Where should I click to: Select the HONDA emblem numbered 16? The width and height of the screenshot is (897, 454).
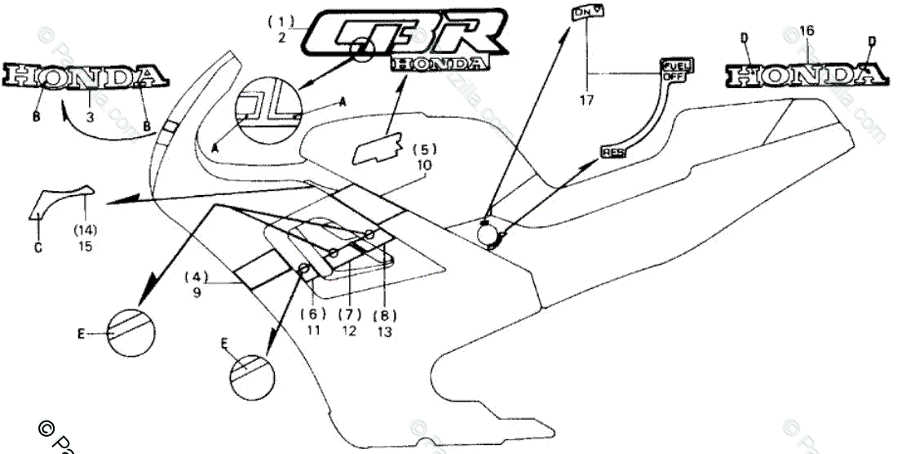point(806,75)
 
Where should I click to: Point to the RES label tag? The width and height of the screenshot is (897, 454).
point(612,152)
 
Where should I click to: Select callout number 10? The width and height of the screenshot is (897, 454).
point(424,165)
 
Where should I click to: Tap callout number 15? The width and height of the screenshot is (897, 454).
point(86,245)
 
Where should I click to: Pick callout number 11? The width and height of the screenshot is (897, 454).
point(312,331)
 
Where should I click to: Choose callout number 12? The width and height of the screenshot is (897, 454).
point(348,331)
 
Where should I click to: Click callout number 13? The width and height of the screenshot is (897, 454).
point(384,331)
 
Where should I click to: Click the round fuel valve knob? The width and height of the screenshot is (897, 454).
point(490,234)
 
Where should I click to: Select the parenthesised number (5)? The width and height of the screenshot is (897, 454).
point(424,149)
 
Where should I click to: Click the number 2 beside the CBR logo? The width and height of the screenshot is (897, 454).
point(281,37)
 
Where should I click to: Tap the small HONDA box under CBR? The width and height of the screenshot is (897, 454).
point(440,62)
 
